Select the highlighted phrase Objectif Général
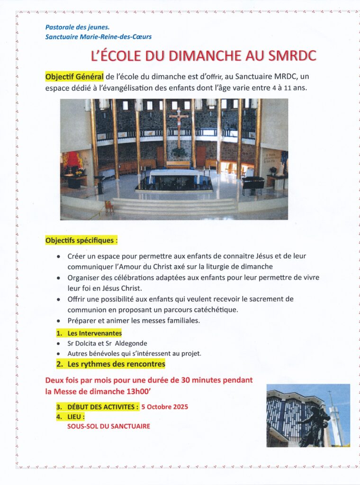pos(74,77)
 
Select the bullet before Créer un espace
pos(58,257)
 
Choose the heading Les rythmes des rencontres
pos(116,364)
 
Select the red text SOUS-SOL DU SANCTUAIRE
pos(108,426)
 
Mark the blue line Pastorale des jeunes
pos(77,27)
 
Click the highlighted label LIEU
pos(76,417)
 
